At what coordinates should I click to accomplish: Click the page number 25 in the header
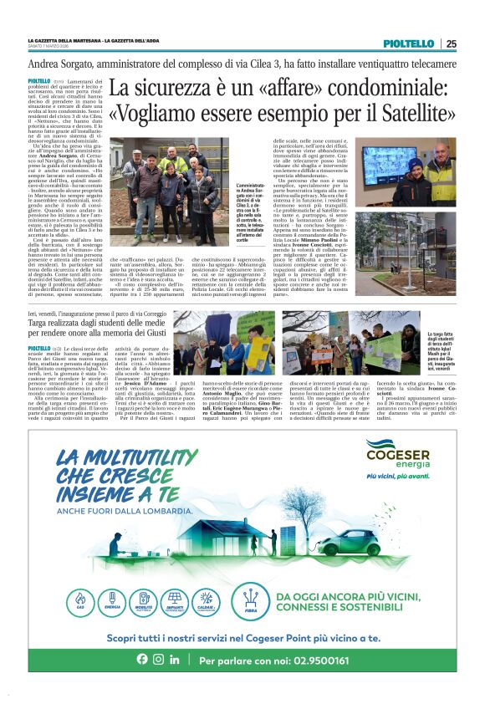(x=452, y=43)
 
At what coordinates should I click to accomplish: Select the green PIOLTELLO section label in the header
(x=408, y=43)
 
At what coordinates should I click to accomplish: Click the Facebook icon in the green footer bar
(x=142, y=660)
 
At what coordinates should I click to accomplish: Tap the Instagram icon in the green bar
(x=158, y=660)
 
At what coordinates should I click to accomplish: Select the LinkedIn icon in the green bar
(x=174, y=660)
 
